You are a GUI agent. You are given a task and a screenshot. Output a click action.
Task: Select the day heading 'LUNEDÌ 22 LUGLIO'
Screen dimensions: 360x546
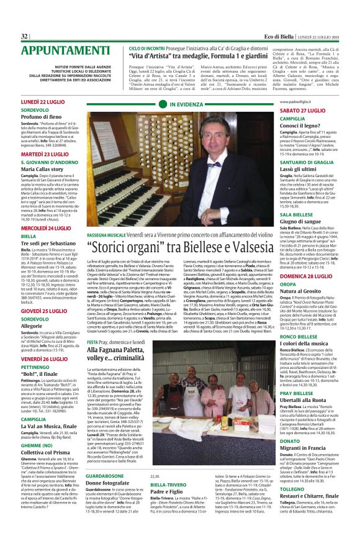coord(43,101)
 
